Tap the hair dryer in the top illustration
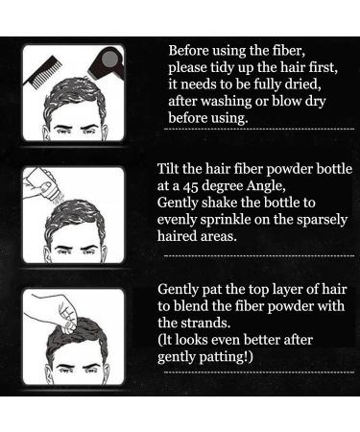click(x=100, y=60)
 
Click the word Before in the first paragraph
click(x=188, y=50)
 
